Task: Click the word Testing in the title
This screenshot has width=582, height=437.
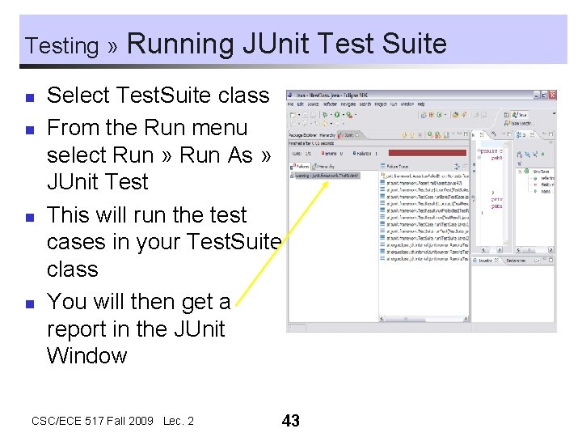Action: point(61,45)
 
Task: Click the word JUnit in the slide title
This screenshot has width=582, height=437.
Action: point(277,42)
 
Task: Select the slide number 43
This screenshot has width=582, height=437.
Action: point(290,421)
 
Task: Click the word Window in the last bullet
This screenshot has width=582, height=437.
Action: point(87,355)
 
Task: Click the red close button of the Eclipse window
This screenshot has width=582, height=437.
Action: point(552,94)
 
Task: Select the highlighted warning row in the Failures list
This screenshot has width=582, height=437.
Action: point(324,174)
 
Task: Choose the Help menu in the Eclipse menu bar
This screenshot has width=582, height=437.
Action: point(423,104)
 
